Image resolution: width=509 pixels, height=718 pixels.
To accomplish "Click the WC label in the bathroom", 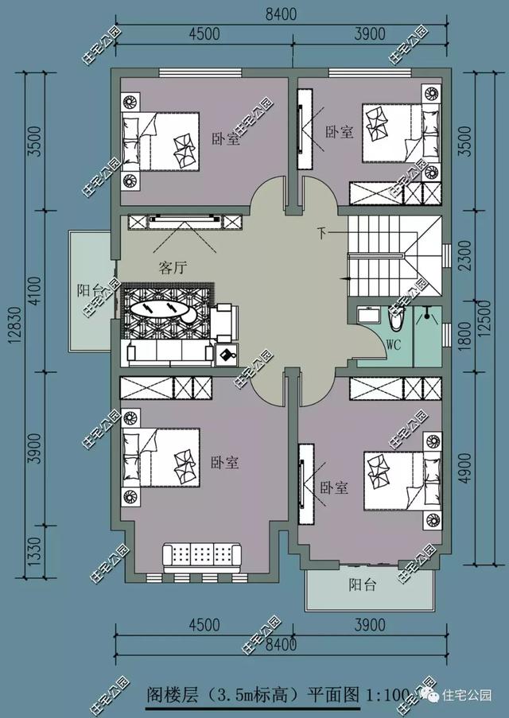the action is [x=394, y=344].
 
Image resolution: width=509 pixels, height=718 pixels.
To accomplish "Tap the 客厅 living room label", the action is [x=173, y=267].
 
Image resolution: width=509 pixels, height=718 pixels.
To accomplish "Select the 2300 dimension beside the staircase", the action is [x=464, y=255].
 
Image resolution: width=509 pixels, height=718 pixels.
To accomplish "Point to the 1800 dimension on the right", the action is [x=464, y=336].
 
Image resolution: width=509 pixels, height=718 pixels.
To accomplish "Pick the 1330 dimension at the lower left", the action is [x=35, y=551].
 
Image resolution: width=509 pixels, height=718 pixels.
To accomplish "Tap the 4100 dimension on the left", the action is [x=35, y=291].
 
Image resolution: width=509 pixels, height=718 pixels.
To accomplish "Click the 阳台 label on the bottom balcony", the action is [x=363, y=584].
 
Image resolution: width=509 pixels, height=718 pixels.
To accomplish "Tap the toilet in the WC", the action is [x=395, y=318].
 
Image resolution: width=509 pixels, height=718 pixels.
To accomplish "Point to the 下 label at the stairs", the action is [x=323, y=234].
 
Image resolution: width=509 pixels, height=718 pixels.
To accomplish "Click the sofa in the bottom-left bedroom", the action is [x=202, y=557].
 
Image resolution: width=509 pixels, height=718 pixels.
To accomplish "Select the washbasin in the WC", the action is [x=368, y=316].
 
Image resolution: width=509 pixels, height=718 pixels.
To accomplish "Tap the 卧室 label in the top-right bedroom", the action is [x=340, y=132].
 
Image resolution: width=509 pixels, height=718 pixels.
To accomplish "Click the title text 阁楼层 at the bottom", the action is [x=173, y=695].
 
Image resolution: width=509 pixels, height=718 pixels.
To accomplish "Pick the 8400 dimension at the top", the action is [x=281, y=14].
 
